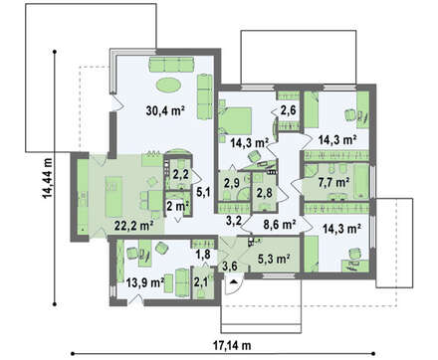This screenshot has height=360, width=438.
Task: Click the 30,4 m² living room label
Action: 165,110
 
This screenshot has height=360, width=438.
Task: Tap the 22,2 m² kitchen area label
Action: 133,226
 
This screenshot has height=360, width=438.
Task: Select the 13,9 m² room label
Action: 145,282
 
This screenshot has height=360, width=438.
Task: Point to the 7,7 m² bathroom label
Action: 333,182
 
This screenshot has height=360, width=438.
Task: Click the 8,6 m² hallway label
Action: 280,224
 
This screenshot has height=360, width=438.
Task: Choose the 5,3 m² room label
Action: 275,258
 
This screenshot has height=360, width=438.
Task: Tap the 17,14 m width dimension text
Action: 231,346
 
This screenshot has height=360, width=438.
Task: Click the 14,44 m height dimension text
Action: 47,178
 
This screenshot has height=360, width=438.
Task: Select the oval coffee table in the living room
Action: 168,85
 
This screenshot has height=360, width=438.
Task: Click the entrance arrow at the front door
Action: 234,281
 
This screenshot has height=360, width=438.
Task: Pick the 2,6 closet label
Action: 288,110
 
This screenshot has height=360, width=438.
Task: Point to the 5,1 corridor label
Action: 204,191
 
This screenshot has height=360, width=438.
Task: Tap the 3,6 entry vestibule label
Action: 230,266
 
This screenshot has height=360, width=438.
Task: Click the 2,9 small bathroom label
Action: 231,183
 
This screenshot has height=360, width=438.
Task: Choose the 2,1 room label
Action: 201,282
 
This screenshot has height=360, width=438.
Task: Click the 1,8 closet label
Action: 202,255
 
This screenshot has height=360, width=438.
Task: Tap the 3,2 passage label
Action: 234,220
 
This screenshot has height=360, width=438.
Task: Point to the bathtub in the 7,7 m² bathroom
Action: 361,181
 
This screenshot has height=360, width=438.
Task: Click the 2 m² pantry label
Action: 177,206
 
